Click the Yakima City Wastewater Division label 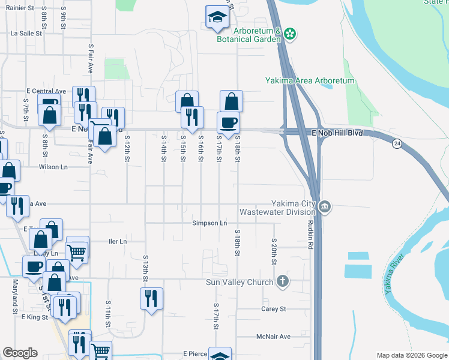click(x=277, y=207)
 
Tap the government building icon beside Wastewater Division click(x=325, y=207)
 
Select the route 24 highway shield click(x=397, y=143)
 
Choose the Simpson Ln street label click(x=209, y=223)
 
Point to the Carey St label click(x=273, y=309)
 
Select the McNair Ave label click(x=273, y=337)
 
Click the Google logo click(x=20, y=353)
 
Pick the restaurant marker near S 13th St click(x=151, y=298)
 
